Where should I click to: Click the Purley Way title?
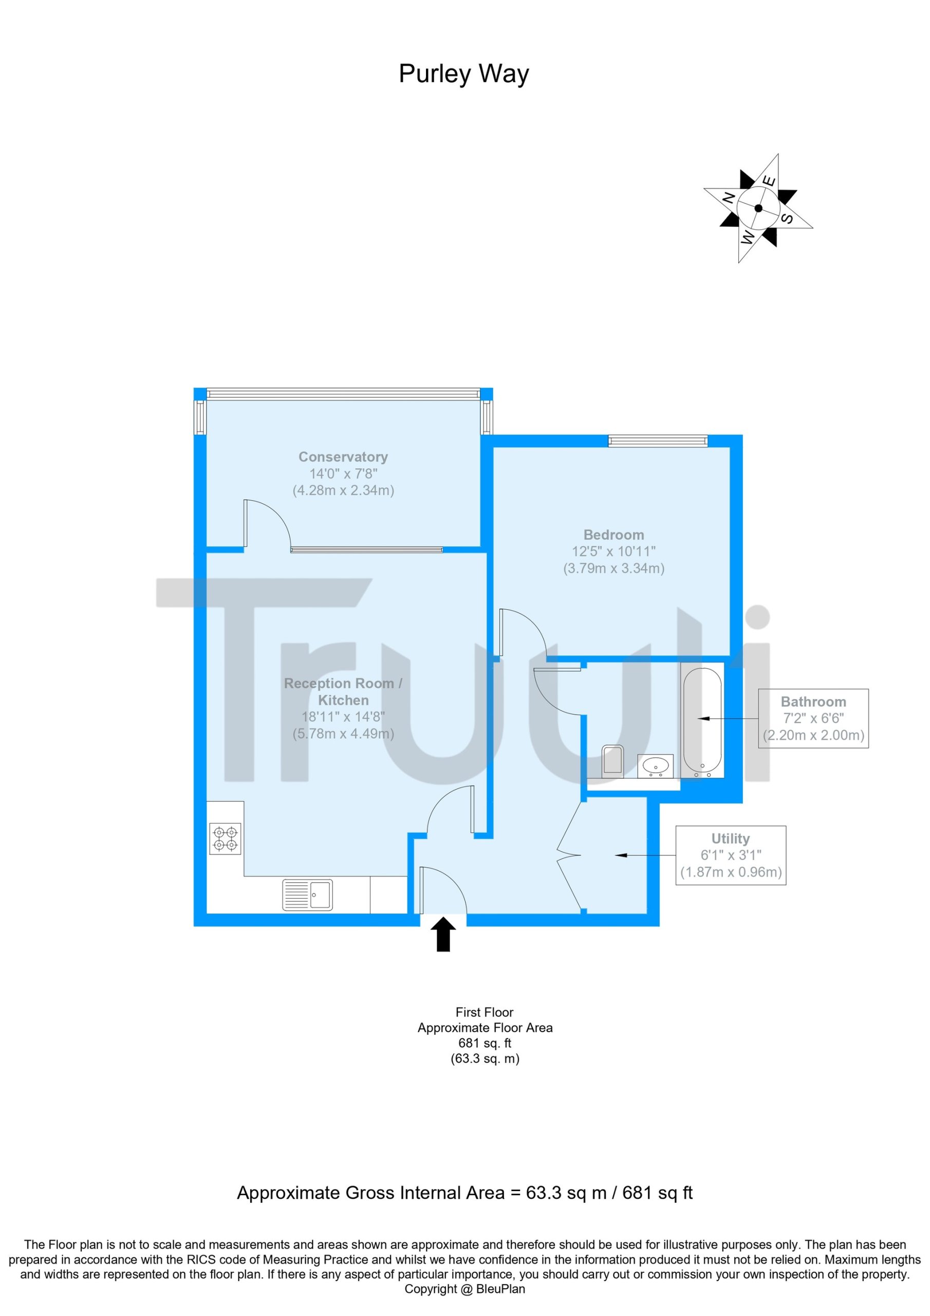[x=463, y=74]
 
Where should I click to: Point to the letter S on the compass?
[x=787, y=218]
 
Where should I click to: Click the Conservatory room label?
[x=343, y=457]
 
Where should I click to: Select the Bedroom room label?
[x=613, y=535]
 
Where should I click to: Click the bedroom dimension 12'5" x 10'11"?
[x=613, y=552]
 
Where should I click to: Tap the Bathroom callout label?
[x=813, y=702]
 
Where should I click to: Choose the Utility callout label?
[x=731, y=838]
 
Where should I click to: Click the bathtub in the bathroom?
[x=702, y=722]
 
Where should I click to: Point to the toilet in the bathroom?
[x=612, y=760]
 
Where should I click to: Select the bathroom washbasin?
[x=656, y=766]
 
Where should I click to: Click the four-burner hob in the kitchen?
[x=225, y=838]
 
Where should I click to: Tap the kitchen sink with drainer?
[x=308, y=895]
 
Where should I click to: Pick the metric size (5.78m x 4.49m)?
[x=343, y=734]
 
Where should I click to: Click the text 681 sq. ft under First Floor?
[x=485, y=1043]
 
